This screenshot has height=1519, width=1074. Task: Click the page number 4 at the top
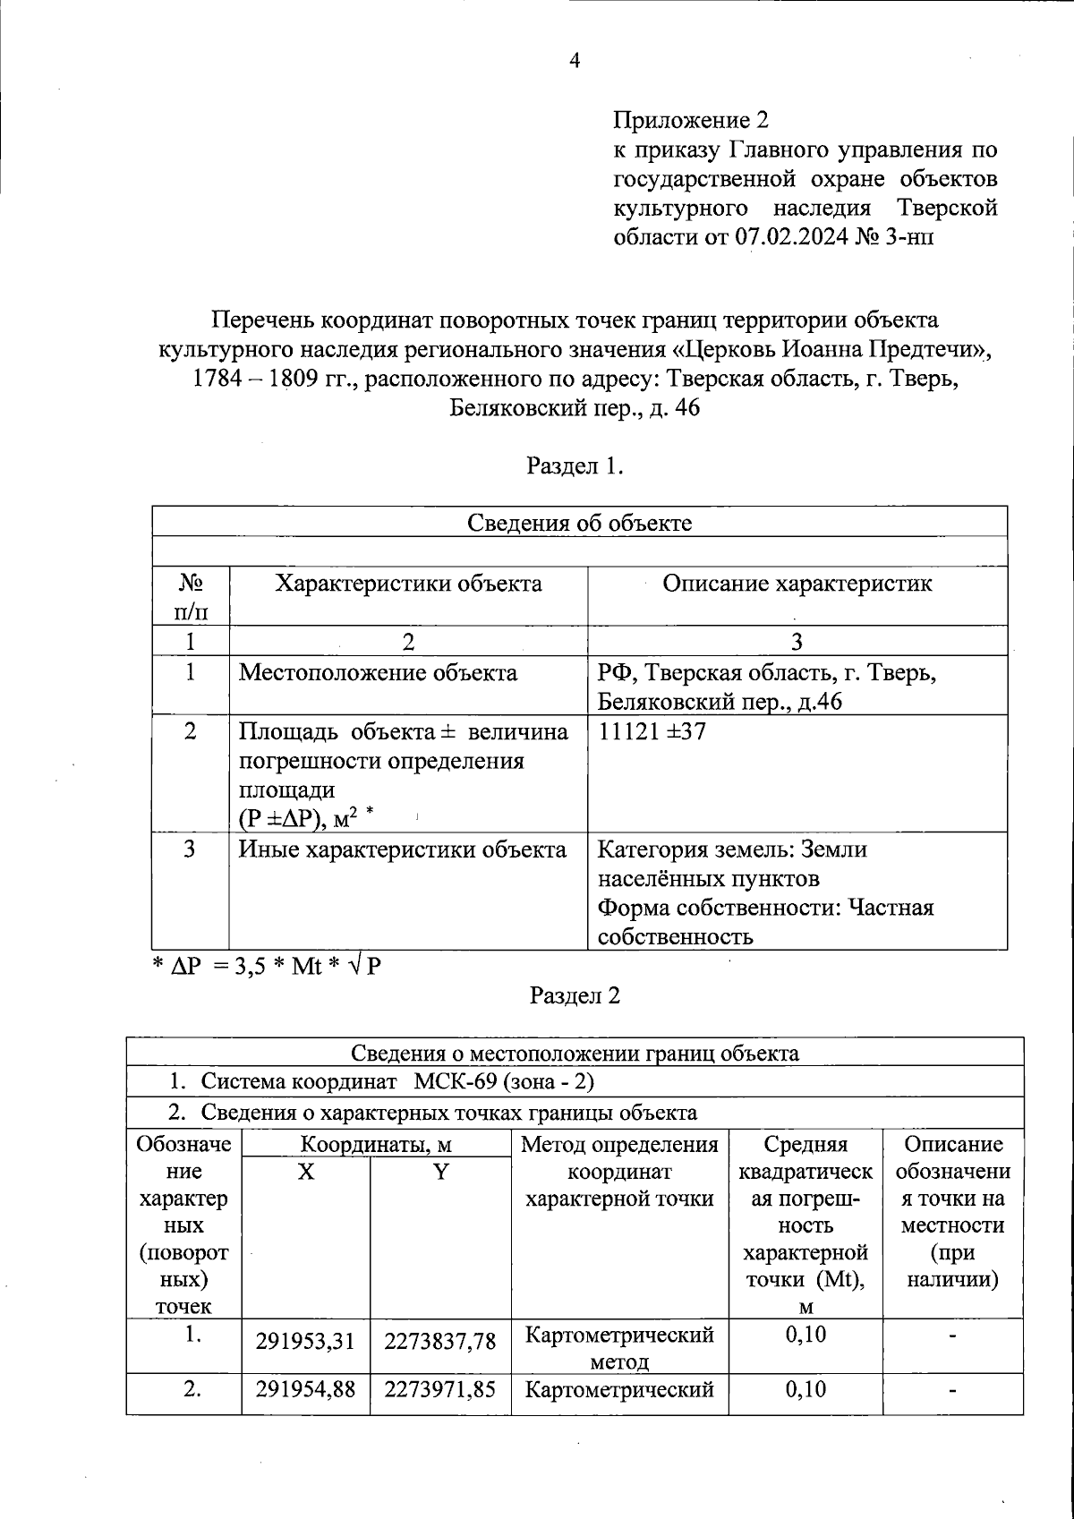coord(575,61)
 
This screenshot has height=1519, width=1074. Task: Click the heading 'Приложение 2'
coord(690,120)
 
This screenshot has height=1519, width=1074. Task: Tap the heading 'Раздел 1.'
coord(575,466)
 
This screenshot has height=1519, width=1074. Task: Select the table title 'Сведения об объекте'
coord(579,523)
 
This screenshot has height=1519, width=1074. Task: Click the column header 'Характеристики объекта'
coord(408,585)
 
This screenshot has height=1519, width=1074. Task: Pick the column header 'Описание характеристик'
coord(797,585)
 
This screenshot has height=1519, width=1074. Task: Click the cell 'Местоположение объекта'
coord(378,672)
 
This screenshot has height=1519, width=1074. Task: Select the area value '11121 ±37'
coord(652,731)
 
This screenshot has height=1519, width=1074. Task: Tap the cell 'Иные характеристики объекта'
coord(403,849)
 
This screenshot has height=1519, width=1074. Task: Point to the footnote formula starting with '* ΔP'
coord(266,966)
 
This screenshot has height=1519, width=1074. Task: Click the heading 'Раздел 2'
coord(575,996)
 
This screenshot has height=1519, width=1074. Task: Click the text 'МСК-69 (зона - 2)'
coord(505,1082)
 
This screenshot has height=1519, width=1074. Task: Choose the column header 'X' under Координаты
coord(306,1172)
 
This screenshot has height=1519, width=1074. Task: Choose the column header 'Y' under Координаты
coord(440,1172)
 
